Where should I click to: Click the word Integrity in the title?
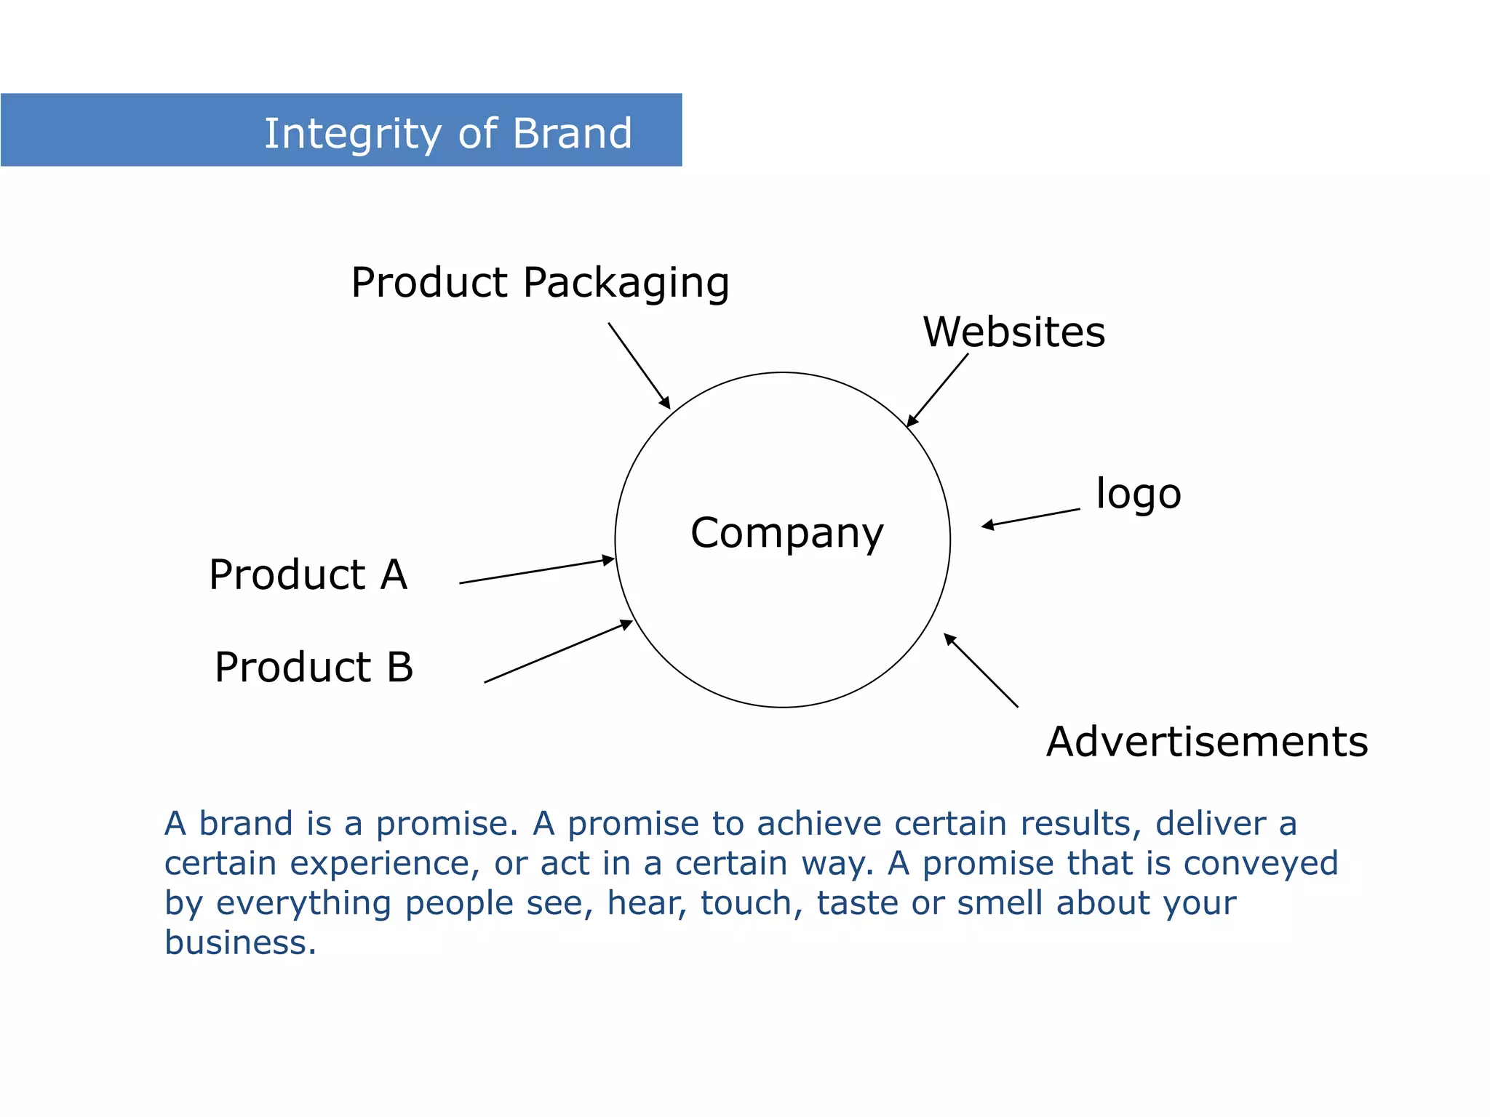click(352, 134)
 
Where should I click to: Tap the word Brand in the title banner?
click(572, 134)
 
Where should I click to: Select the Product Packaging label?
click(540, 282)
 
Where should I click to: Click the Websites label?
click(1014, 332)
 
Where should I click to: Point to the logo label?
click(1139, 495)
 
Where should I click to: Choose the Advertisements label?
click(1207, 742)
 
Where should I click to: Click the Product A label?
click(308, 574)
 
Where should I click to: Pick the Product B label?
click(314, 667)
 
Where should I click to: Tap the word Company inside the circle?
click(786, 533)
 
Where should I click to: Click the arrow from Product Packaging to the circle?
click(639, 365)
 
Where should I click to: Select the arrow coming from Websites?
click(938, 390)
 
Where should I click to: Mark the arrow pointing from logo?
click(1030, 518)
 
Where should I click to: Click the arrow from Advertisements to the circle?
click(981, 670)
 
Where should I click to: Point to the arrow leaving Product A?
click(537, 571)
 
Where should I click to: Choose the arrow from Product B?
click(558, 652)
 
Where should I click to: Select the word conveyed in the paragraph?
click(1261, 864)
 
